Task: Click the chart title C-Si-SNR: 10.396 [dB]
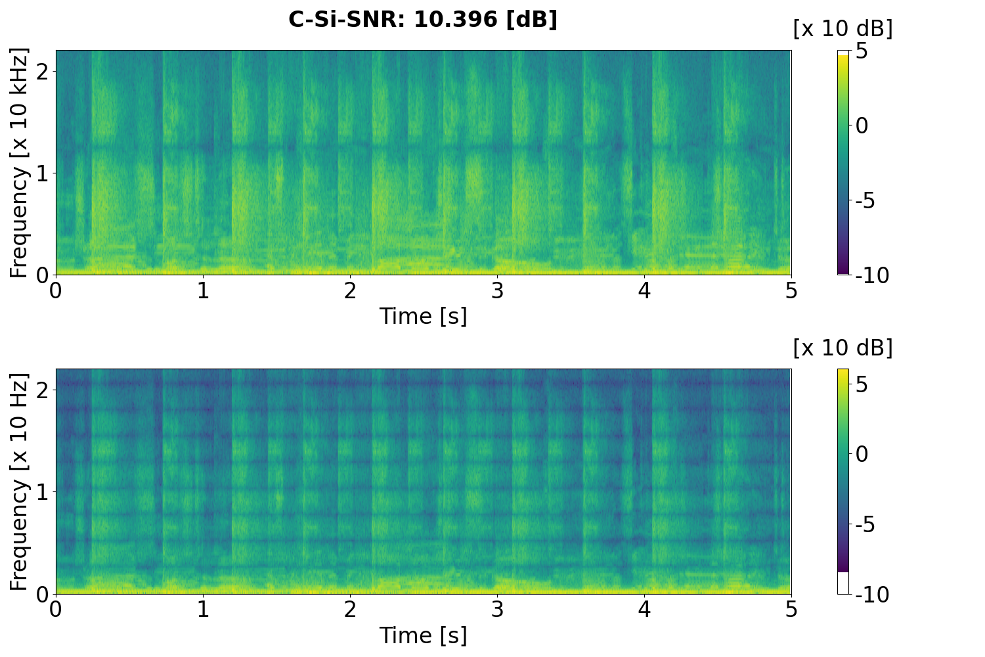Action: click(423, 20)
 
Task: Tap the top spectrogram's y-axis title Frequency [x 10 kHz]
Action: click(20, 162)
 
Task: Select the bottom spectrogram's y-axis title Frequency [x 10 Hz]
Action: click(20, 482)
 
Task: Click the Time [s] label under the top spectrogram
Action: click(423, 316)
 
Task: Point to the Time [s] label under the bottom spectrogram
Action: click(423, 635)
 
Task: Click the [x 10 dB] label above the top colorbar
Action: click(843, 28)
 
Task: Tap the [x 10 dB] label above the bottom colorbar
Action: click(843, 348)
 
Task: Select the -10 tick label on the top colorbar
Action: click(873, 275)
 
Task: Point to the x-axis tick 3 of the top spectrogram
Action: click(497, 290)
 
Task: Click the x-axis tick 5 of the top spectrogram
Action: click(791, 290)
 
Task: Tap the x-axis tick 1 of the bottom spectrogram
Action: click(203, 610)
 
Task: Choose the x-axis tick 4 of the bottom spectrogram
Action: click(644, 610)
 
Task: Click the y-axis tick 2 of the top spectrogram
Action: click(41, 72)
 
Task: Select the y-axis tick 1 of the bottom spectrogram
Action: click(41, 492)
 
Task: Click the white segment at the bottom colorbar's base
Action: click(843, 583)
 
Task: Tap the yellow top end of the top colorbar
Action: click(843, 54)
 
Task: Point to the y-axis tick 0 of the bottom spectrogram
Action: click(41, 593)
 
